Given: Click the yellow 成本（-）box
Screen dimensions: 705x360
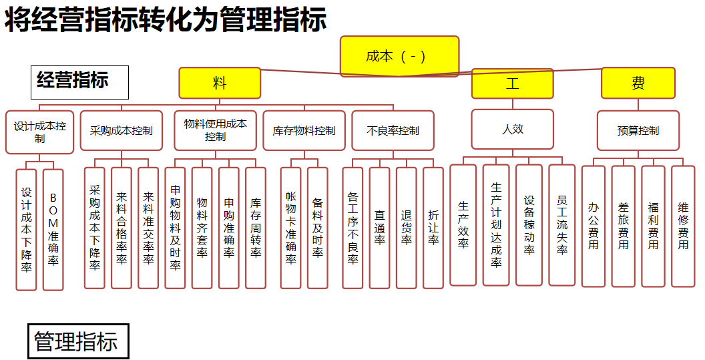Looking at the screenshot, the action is tap(399, 56).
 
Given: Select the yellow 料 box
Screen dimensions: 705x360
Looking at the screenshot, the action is tap(220, 83).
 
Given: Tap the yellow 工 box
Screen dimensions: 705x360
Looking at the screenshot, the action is tap(512, 83).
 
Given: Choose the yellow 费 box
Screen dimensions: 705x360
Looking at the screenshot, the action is tap(638, 83).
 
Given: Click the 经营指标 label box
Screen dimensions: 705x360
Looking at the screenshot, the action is tap(79, 82).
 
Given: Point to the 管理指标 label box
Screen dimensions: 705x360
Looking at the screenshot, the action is tap(78, 341).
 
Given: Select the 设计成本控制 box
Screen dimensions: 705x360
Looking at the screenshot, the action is tap(39, 132).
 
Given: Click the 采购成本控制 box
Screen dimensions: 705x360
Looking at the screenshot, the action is tap(122, 130).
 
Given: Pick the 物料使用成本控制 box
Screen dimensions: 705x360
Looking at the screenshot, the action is tap(216, 130).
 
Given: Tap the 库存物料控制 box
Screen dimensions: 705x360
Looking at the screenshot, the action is tap(304, 130).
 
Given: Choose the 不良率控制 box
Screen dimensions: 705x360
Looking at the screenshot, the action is tap(393, 130).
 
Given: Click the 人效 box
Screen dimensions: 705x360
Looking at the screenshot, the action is tap(513, 129).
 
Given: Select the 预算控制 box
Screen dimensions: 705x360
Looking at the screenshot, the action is tap(638, 130).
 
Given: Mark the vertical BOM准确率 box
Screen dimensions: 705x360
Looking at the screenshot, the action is tap(53, 230).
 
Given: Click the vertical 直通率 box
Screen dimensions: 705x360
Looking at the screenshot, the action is tap(379, 228).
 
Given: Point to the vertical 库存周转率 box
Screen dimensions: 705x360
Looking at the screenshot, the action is tap(256, 228).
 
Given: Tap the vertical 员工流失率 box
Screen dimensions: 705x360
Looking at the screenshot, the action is tap(562, 225).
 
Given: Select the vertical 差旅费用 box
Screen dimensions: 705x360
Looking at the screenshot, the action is tap(623, 226).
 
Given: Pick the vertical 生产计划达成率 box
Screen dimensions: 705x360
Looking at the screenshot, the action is tap(496, 225).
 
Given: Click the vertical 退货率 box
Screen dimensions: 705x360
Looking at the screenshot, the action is tap(407, 228).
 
